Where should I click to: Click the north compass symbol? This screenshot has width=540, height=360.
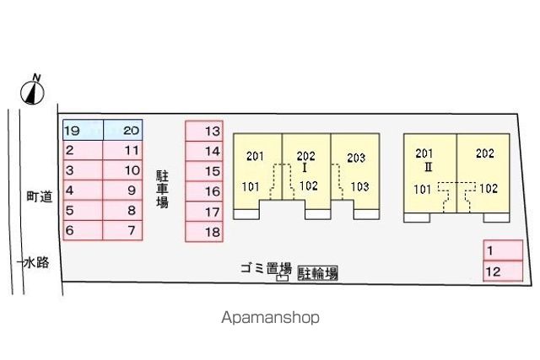(x=32, y=92)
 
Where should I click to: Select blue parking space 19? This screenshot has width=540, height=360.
(x=83, y=130)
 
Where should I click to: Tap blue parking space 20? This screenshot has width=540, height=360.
(x=123, y=130)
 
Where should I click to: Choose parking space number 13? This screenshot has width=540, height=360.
(x=204, y=131)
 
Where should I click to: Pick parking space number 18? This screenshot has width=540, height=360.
(x=204, y=232)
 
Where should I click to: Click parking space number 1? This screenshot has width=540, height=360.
(x=503, y=250)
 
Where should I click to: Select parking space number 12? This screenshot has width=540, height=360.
(x=503, y=271)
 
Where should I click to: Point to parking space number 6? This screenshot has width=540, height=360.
(x=83, y=230)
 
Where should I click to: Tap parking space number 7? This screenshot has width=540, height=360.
(x=122, y=230)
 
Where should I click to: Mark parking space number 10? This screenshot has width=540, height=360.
(x=122, y=170)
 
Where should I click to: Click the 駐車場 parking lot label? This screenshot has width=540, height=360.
(x=163, y=189)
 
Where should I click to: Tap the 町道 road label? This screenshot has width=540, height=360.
(x=40, y=196)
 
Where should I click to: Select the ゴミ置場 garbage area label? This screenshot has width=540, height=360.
(x=266, y=268)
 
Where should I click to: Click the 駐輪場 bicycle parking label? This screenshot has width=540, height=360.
(x=317, y=273)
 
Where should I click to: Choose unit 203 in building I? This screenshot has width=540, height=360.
(x=356, y=158)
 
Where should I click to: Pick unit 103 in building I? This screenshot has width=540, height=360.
(x=359, y=186)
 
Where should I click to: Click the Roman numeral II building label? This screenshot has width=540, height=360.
(x=428, y=167)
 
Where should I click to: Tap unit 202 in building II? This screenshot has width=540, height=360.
(x=485, y=153)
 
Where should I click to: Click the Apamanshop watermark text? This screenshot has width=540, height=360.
(x=270, y=317)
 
